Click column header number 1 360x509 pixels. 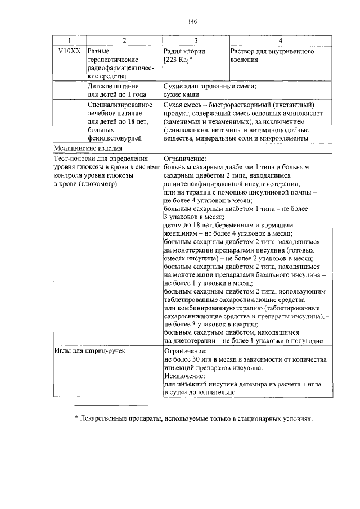pyautogui.click(x=69, y=41)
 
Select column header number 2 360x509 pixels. pyautogui.click(x=124, y=41)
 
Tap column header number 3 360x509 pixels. pyautogui.click(x=196, y=41)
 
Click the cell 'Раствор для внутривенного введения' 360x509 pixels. pyautogui.click(x=272, y=56)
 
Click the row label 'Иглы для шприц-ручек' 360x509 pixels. pyautogui.click(x=89, y=350)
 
